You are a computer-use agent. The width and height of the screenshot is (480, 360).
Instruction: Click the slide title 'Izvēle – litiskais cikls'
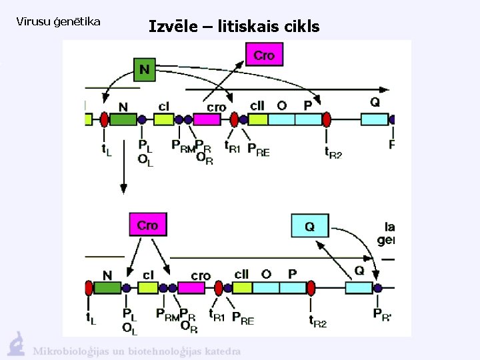click(x=234, y=27)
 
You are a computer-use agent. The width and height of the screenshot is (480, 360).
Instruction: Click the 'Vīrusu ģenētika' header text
click(x=58, y=22)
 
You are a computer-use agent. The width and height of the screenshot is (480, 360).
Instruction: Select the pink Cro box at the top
click(x=264, y=55)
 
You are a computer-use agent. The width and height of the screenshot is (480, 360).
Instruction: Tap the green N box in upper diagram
click(x=144, y=69)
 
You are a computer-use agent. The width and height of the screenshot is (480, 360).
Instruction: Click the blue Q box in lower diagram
click(x=309, y=226)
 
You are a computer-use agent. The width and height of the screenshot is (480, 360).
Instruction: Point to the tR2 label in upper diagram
click(x=333, y=153)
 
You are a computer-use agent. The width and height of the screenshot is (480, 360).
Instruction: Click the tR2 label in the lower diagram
click(x=317, y=322)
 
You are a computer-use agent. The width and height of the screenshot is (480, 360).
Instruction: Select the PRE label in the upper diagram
click(x=258, y=151)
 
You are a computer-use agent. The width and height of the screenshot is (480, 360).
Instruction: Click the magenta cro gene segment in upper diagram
click(x=207, y=119)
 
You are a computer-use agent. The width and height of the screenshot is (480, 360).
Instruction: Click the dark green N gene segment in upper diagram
click(x=122, y=119)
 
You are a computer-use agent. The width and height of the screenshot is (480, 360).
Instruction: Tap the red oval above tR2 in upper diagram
click(x=327, y=119)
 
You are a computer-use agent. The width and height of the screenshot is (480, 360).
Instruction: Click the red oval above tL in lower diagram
click(x=89, y=288)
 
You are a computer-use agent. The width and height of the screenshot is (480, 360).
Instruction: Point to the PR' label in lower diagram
click(x=383, y=314)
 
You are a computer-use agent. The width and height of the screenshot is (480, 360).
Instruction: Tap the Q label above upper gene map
click(x=375, y=102)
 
